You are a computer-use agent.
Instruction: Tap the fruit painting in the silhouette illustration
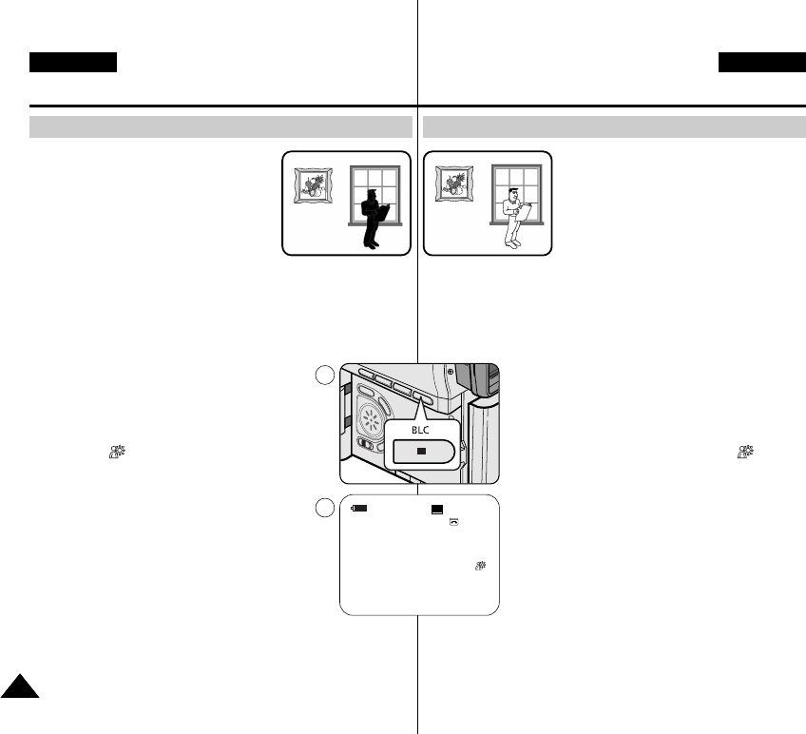pos(311,184)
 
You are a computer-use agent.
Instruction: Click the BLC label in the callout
pos(420,430)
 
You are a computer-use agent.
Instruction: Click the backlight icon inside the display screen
pos(481,567)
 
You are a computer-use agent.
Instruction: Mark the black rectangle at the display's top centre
pos(436,510)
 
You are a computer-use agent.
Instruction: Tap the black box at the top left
pos(73,63)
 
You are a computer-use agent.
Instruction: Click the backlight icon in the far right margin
pos(747,455)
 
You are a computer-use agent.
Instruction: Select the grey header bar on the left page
pos(221,127)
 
